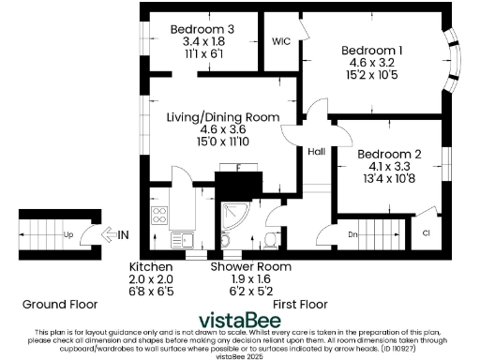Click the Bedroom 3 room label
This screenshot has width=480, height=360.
click(202, 29)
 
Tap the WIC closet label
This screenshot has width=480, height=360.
click(279, 42)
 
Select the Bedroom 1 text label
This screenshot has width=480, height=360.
click(372, 50)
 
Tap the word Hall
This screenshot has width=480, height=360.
click(316, 150)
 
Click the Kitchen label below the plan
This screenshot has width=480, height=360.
click(151, 266)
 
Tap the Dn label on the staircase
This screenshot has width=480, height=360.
click(353, 233)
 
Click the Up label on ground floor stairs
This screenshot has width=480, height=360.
click(68, 233)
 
